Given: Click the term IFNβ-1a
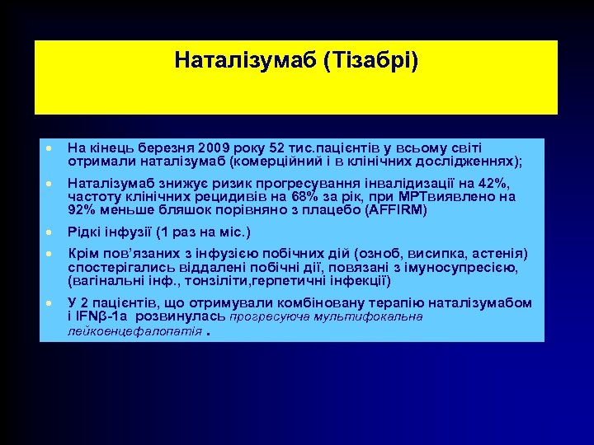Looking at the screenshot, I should click(x=103, y=316).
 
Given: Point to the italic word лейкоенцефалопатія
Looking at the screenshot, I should click(x=134, y=330).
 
